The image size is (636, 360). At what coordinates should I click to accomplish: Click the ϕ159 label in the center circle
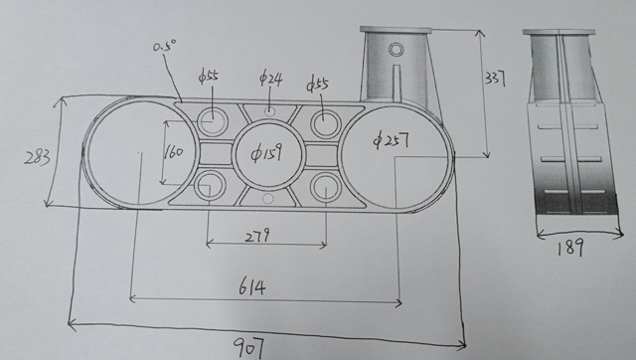coord(265,155)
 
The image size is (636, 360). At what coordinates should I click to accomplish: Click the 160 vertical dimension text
coord(173,152)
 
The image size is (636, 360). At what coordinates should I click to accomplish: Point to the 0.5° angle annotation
coord(165,46)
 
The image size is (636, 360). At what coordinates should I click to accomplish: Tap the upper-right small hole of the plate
coord(326,123)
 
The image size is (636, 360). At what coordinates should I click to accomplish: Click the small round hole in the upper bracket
coord(397,49)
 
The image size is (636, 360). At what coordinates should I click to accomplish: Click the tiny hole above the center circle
coord(269,109)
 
